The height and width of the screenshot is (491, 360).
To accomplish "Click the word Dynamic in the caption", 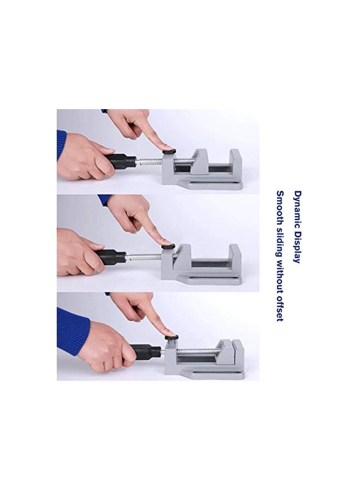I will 297,207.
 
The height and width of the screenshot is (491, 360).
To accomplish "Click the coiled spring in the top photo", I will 150,161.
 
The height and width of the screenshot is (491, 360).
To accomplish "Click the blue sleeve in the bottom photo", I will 71,330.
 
